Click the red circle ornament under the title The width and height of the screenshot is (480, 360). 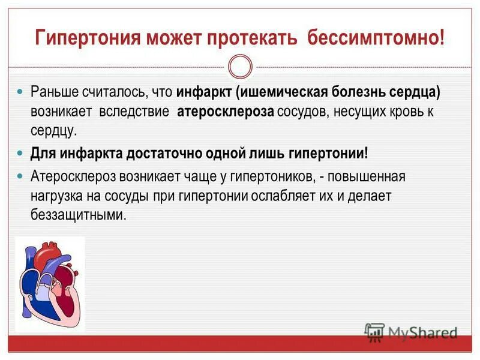[x=241, y=67]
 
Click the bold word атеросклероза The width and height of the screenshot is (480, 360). [x=226, y=112]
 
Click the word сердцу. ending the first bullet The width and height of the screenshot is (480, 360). [x=53, y=130]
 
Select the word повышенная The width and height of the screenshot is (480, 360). [x=372, y=177]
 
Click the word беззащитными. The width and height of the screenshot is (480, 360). [x=79, y=214]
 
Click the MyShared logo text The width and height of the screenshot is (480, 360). [x=422, y=332]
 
